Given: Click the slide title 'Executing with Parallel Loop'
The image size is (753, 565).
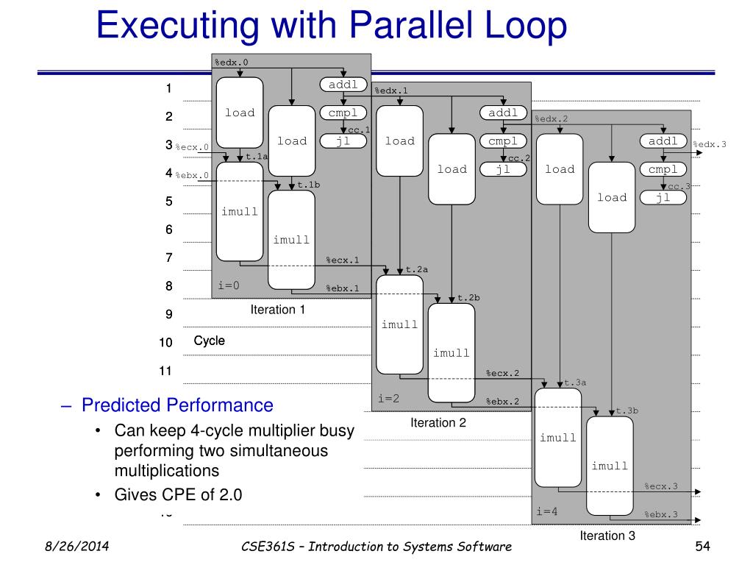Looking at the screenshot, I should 332,26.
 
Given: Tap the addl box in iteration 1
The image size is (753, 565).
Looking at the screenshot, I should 343,85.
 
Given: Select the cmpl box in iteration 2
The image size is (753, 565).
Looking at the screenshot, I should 503,141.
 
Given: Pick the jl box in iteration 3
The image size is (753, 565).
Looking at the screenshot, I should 663,197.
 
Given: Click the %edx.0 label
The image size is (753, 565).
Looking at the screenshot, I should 231,62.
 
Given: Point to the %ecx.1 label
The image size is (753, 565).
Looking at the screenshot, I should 342,260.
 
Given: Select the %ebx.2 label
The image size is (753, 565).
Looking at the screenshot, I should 502,401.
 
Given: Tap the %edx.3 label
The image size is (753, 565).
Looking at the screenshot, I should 710,144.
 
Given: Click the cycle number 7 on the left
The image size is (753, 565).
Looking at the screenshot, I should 168,258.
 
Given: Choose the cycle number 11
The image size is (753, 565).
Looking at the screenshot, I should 165,371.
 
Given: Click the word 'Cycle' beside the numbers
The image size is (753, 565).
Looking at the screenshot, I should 210,341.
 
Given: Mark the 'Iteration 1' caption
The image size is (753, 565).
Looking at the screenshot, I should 278,310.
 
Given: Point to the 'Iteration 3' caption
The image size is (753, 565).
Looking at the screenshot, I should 607,536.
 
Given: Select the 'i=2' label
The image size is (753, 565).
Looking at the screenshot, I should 389,398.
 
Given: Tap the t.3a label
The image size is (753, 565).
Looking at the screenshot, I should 575,383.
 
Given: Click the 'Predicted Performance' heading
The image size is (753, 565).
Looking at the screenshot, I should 177,405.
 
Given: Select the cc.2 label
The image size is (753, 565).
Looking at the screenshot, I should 519,158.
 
